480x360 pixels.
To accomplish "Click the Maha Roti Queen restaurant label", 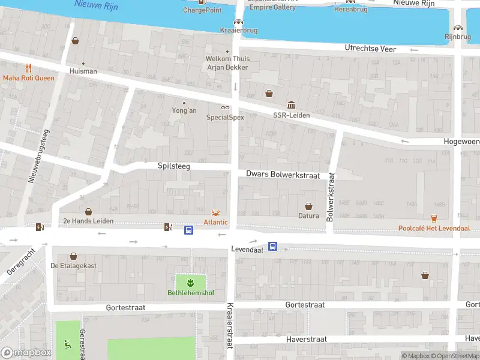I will tap(28, 78).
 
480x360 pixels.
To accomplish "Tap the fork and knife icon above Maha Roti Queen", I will tap(28, 68).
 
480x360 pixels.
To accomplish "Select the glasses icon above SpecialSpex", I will tap(225, 107).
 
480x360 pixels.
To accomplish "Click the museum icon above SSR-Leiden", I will tap(291, 105).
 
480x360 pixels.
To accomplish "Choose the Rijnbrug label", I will tap(458, 37).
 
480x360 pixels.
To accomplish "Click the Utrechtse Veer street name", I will tap(370, 48).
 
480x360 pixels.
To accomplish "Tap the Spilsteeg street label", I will tap(173, 166).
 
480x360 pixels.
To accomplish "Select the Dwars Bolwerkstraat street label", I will tap(283, 173).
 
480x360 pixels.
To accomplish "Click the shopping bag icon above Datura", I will tap(309, 206).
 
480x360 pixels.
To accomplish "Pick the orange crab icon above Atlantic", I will tap(215, 212).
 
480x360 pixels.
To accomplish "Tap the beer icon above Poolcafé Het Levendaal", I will tap(434, 218).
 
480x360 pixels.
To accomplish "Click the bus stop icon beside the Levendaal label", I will tap(272, 246).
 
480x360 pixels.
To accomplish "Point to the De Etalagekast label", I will tap(73, 266).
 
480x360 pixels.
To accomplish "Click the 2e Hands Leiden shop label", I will tap(88, 221).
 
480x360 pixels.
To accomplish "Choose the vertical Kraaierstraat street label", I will tap(229, 325).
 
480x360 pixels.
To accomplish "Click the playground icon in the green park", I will tap(67, 344).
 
